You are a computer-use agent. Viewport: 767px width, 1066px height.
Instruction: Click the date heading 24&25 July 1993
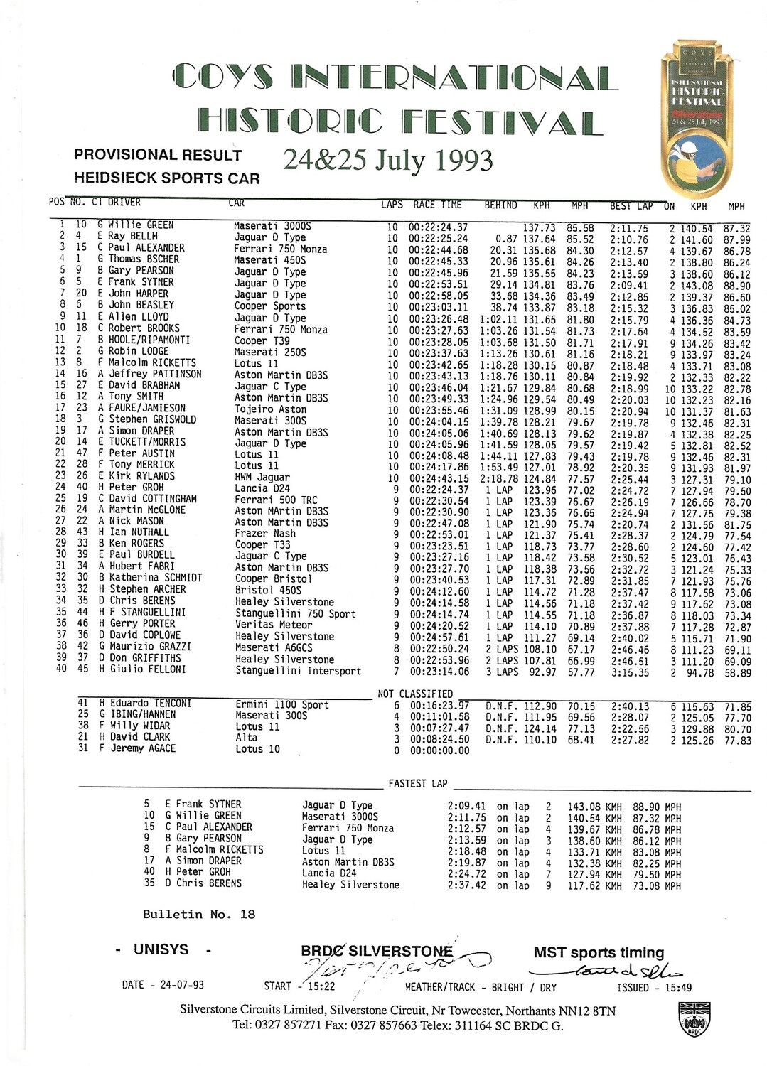(x=388, y=160)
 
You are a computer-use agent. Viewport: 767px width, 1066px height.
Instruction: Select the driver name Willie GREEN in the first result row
(x=141, y=225)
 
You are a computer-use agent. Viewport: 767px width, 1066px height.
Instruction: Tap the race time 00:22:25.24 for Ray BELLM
(x=438, y=238)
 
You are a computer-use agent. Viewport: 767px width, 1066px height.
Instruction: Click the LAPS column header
(x=392, y=205)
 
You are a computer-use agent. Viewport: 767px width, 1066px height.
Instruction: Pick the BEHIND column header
(x=500, y=205)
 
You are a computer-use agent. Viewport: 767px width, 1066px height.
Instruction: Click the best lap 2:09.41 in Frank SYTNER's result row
(x=629, y=284)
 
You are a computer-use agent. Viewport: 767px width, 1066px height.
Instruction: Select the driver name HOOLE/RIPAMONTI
(x=149, y=340)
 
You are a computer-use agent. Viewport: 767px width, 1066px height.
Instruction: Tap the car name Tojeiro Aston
(x=271, y=409)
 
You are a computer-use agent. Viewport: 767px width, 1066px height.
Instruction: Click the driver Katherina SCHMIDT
(x=155, y=578)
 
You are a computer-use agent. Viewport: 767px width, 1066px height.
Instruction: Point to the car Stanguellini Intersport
(x=298, y=671)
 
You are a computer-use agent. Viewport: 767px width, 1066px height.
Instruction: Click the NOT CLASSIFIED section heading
(x=415, y=694)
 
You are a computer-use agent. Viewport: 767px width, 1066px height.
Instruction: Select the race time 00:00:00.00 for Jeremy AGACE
(x=439, y=750)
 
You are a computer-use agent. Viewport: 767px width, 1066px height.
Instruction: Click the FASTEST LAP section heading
(x=418, y=783)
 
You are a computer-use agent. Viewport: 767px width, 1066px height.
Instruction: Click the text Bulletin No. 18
(x=199, y=915)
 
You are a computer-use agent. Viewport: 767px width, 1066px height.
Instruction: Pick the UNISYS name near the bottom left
(x=161, y=949)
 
